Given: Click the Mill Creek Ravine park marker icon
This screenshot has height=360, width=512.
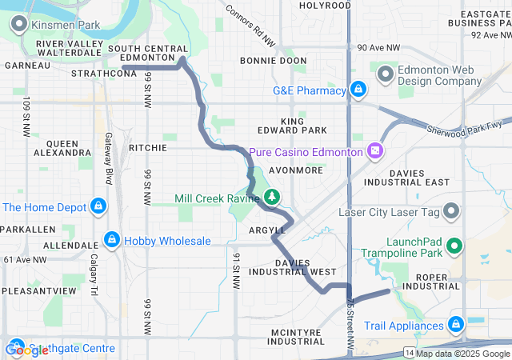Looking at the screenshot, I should (x=272, y=197).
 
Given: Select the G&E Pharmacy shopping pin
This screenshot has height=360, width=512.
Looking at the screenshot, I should (x=359, y=89).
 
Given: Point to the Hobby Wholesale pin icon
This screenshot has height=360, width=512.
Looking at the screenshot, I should (x=113, y=240).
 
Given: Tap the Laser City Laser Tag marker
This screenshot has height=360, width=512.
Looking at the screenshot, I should (x=452, y=211).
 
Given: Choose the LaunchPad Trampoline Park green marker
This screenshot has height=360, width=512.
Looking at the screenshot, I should (x=454, y=246).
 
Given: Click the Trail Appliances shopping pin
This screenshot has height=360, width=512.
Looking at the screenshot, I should (x=455, y=325).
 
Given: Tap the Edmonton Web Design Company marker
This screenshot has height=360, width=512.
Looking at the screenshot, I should (x=386, y=74).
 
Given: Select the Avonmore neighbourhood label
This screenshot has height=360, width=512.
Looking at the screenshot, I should (x=295, y=170).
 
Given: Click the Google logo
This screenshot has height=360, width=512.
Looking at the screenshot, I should (x=27, y=350).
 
